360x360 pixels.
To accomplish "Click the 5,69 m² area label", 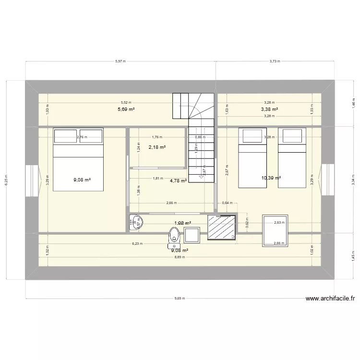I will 126,109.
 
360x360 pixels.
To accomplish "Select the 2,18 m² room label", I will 157,147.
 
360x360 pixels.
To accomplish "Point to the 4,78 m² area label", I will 179,181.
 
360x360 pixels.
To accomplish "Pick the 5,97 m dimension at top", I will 120,61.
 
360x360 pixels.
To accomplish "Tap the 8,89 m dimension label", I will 179,258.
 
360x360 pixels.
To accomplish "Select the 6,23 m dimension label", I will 137,244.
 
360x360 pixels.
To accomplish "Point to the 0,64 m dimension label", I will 227,203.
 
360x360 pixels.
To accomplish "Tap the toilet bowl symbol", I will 174,236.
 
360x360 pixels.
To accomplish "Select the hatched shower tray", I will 222,227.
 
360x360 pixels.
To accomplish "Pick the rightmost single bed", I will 292,158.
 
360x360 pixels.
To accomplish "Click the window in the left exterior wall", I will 32,180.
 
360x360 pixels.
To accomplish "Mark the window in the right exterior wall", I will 328,180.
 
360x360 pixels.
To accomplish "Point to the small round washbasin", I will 132,222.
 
